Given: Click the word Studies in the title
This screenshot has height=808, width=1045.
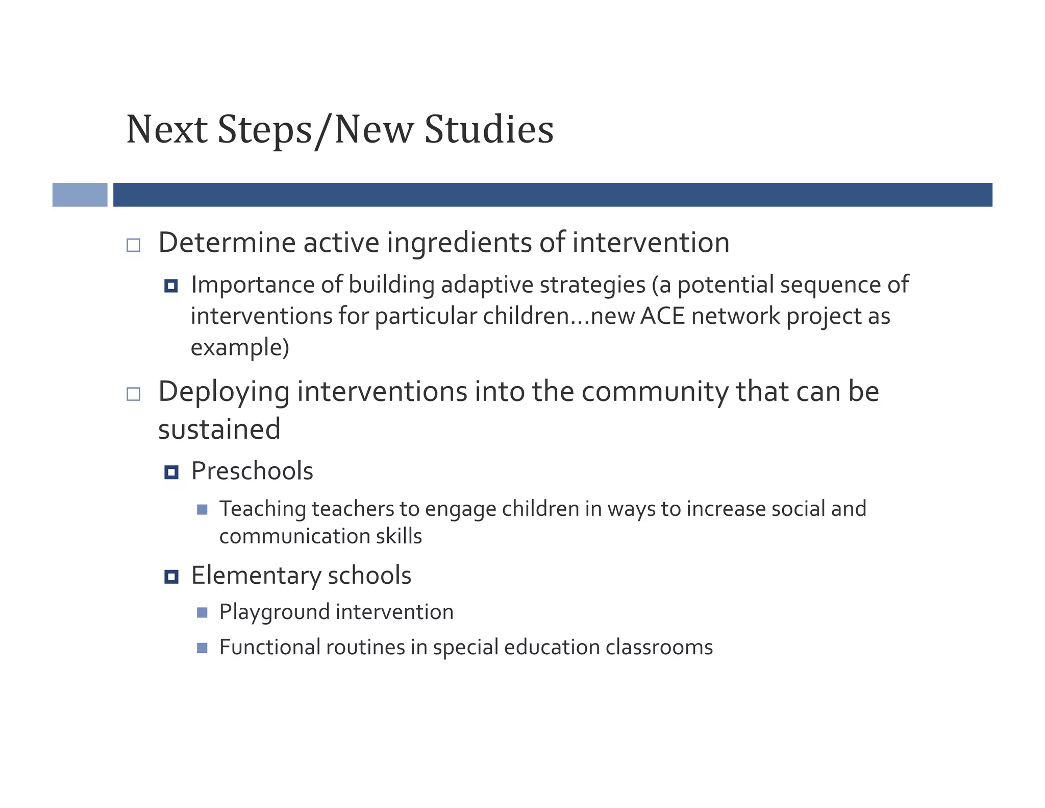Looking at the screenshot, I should click(x=488, y=130).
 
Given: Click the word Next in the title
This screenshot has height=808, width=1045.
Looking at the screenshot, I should click(x=166, y=130).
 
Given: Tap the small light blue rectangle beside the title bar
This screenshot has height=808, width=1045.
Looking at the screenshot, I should click(x=80, y=195).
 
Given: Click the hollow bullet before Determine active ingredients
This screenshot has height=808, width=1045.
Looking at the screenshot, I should click(x=133, y=245).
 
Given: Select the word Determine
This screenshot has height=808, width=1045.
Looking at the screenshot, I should click(x=227, y=243).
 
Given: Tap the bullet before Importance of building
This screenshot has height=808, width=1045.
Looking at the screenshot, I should click(x=171, y=286).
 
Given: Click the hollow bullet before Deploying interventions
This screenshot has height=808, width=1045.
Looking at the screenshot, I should click(x=133, y=394).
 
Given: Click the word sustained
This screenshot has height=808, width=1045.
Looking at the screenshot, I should click(x=219, y=429).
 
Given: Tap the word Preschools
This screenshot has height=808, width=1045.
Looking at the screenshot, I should click(x=252, y=471).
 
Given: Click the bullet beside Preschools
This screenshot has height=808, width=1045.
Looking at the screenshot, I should click(x=171, y=472).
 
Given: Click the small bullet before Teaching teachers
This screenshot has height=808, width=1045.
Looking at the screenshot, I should click(x=202, y=510).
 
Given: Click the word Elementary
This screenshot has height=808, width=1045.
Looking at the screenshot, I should click(x=256, y=576).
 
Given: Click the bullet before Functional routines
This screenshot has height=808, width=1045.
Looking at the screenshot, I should click(x=202, y=648).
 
